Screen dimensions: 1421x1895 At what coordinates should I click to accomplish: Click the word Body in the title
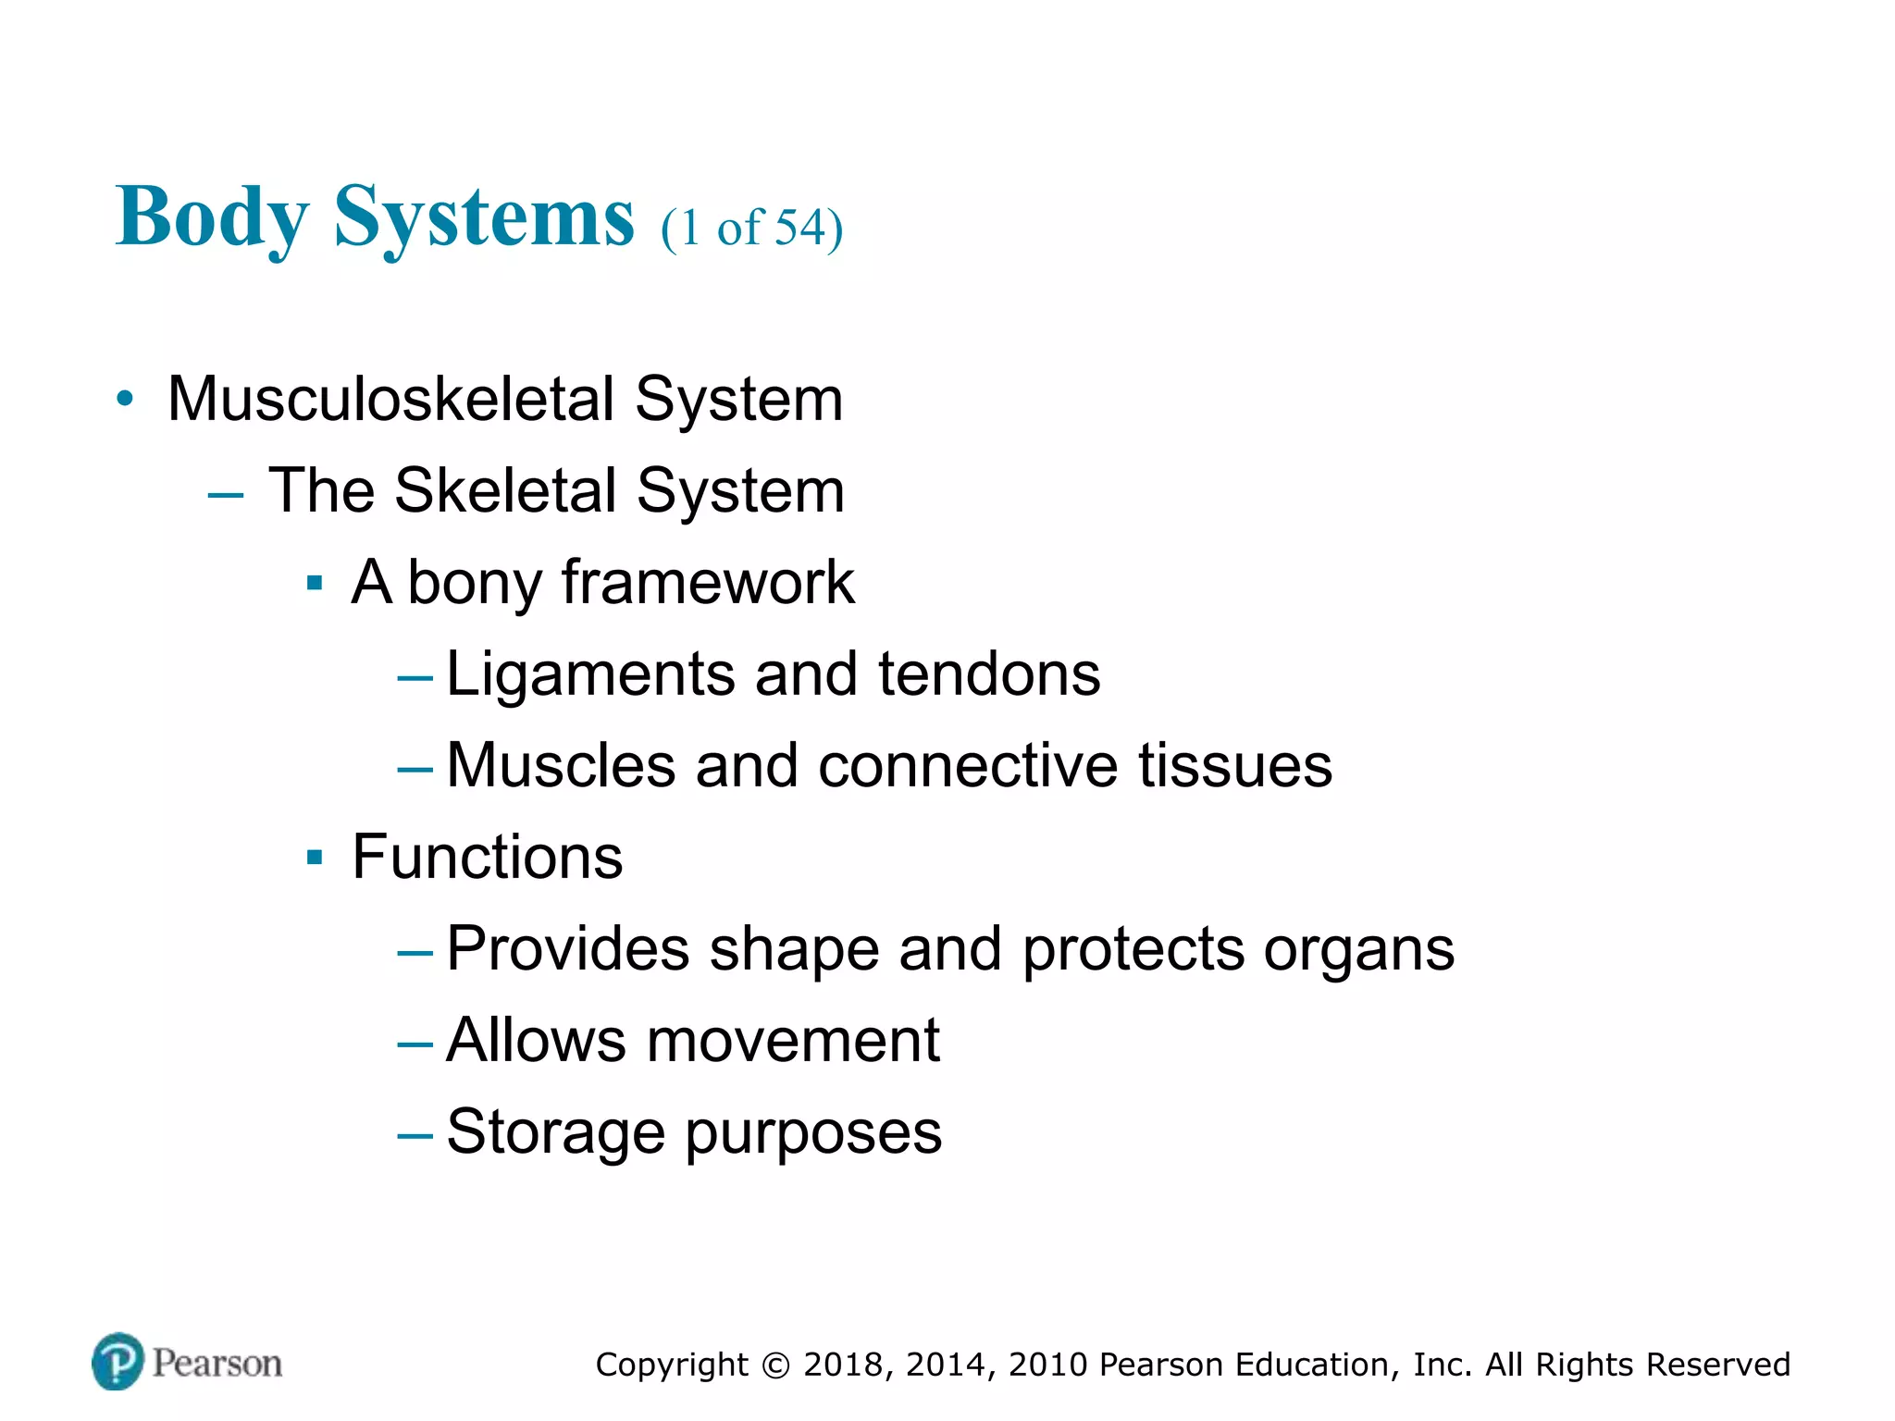tap(212, 218)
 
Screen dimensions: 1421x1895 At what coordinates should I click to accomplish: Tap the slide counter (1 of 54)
tap(751, 228)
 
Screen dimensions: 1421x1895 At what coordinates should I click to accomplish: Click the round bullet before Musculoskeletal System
tap(126, 400)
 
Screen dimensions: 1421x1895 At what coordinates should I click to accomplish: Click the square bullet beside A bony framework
tap(315, 584)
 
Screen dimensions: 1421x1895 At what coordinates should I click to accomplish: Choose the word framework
tap(708, 582)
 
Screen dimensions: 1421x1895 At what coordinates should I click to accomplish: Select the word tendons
tap(989, 673)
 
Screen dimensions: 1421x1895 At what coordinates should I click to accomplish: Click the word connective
tap(968, 765)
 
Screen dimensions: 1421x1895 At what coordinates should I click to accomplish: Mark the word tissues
tap(1235, 765)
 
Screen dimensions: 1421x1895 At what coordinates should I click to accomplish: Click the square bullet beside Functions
tap(315, 858)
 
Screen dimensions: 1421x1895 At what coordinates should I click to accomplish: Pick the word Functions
tap(488, 857)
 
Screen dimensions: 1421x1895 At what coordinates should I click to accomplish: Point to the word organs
tap(1359, 950)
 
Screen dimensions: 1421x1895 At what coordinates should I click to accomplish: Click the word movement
tap(793, 1040)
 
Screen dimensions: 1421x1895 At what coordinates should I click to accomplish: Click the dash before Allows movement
tap(415, 1044)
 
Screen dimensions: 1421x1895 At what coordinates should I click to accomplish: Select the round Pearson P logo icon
tap(118, 1362)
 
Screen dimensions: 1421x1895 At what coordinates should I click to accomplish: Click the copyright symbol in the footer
tap(775, 1365)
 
